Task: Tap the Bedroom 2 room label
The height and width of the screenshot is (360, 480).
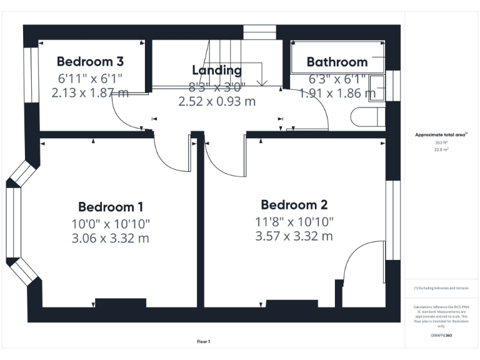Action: [x=294, y=205]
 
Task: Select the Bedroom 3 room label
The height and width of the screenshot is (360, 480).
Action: [x=90, y=61]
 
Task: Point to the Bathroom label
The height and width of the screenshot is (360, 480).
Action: [x=337, y=62]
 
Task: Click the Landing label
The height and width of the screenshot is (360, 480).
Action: [x=217, y=70]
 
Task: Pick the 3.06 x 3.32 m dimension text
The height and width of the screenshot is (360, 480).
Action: [x=111, y=238]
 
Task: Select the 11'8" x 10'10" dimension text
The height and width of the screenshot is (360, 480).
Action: [x=294, y=221]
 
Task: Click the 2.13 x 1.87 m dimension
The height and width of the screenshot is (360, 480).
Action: [x=90, y=93]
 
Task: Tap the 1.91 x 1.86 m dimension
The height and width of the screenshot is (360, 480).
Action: [x=337, y=93]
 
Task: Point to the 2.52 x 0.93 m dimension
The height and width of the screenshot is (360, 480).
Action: [x=217, y=101]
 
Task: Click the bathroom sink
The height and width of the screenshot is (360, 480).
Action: [x=377, y=88]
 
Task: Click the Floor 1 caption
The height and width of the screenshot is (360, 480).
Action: [x=204, y=341]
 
